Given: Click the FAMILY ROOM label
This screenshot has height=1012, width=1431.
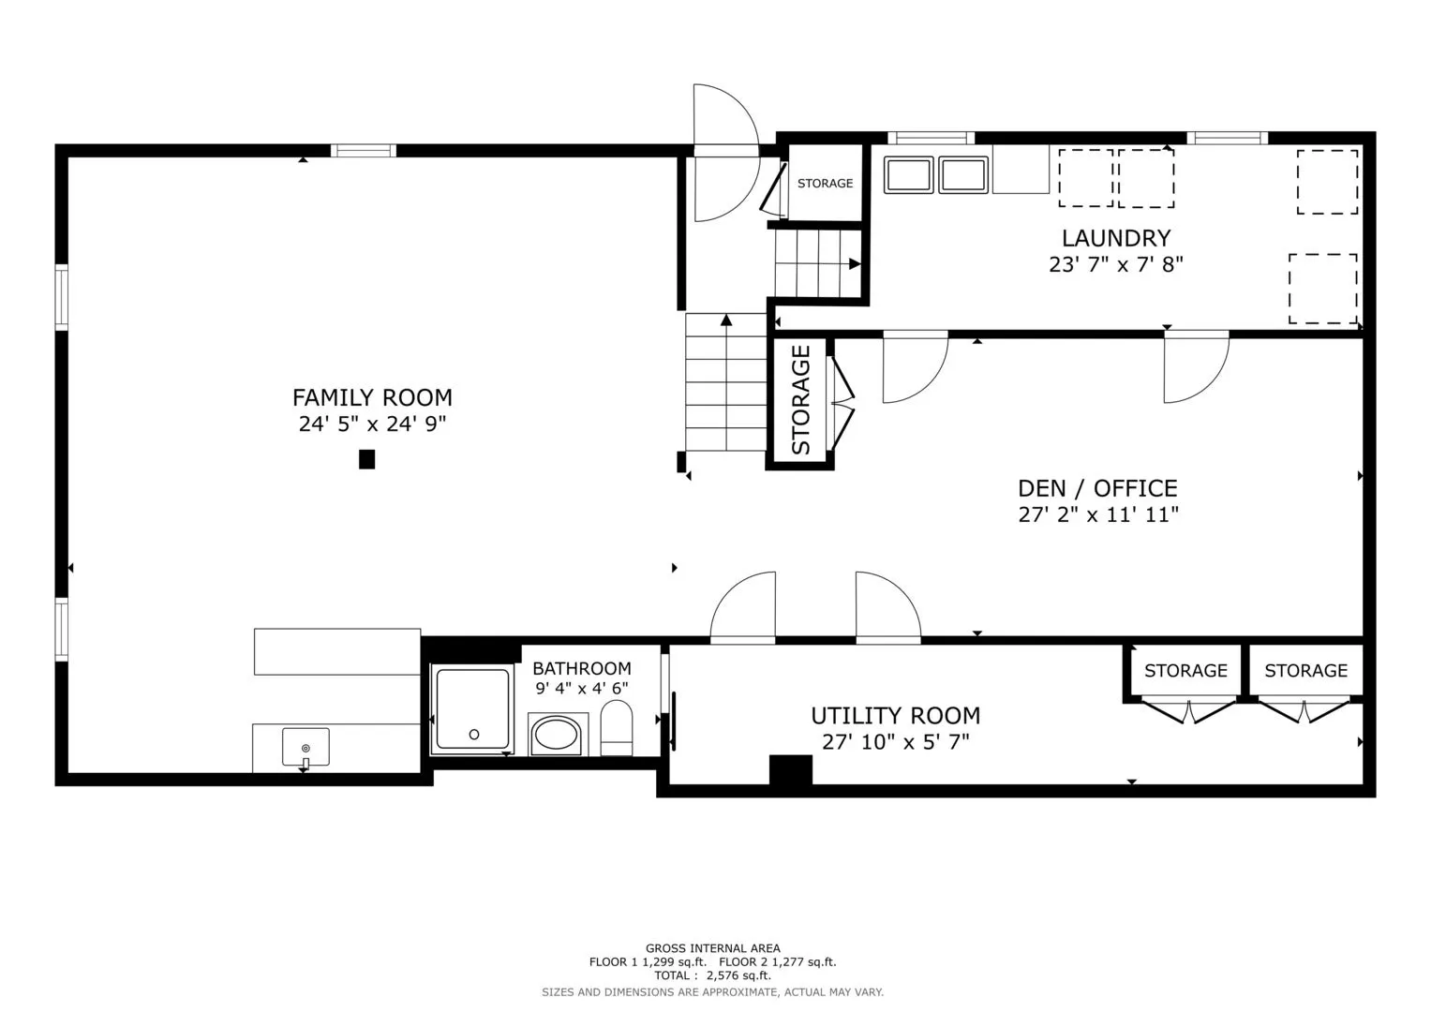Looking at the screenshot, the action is tap(372, 397).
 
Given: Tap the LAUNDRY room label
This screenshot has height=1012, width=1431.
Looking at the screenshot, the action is tap(1116, 238).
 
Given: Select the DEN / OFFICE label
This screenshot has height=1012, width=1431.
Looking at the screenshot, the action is tap(1097, 488).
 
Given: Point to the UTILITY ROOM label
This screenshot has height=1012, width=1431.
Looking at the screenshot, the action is tap(896, 716).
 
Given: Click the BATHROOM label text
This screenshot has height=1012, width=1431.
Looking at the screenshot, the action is tap(581, 668).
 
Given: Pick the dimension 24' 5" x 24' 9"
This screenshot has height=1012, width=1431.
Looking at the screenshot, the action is tap(372, 424).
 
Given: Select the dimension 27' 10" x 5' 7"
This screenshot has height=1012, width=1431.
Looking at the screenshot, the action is tap(896, 742).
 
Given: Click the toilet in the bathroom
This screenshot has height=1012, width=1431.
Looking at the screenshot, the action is tap(617, 728).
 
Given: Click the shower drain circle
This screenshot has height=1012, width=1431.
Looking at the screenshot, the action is tap(474, 735).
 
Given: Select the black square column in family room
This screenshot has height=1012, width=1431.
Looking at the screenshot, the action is tap(366, 459).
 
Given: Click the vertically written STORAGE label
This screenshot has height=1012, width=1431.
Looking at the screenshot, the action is tap(800, 400).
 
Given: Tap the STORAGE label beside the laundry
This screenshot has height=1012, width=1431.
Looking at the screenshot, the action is tap(825, 184).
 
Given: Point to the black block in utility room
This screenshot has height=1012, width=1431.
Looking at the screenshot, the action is tap(791, 770).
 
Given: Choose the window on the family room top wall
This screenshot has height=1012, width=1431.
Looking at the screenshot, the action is tap(364, 151).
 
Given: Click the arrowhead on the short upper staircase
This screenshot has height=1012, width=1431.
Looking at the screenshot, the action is tap(855, 264).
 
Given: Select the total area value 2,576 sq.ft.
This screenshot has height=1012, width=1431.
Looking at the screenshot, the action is tap(738, 975).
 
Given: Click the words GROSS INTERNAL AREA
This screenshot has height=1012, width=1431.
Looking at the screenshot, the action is tap(713, 948).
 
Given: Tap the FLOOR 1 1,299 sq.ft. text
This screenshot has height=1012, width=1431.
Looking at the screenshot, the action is tap(648, 962).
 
